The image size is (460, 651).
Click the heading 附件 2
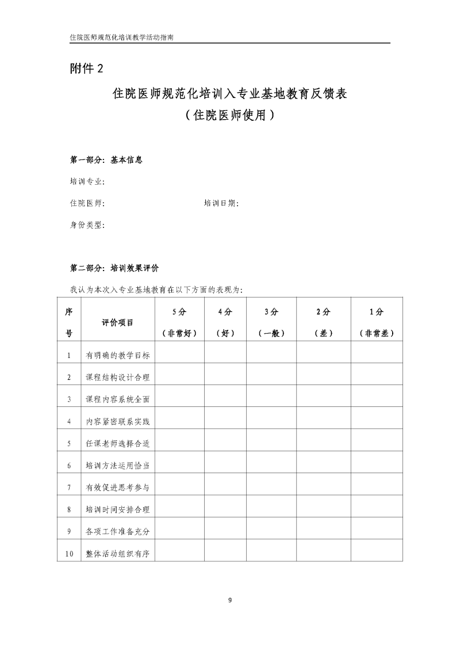coord(86,68)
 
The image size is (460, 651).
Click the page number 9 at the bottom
coord(230,600)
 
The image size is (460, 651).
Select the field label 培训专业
coord(87,181)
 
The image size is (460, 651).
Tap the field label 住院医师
coord(87,203)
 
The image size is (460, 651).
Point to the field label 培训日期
coord(221,203)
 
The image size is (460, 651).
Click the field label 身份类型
coord(87,224)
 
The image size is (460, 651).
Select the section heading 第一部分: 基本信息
coord(106,160)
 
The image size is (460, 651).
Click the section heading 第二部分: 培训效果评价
coord(114,268)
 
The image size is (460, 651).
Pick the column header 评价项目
coord(118,322)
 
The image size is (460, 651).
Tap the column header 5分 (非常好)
coord(179,322)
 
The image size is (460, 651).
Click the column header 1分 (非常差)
coord(377,322)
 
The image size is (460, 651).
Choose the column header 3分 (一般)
coord(271,322)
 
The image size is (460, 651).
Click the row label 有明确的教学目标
coord(118,355)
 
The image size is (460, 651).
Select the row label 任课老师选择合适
coord(118,443)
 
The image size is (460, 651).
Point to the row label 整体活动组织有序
coord(118,554)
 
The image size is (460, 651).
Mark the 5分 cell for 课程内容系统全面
coord(179,399)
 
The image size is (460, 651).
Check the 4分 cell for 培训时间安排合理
coord(225,509)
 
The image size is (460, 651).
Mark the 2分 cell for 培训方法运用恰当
coord(323,465)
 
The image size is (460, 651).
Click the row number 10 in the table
coord(69,554)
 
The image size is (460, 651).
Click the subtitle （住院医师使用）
coord(229,115)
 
